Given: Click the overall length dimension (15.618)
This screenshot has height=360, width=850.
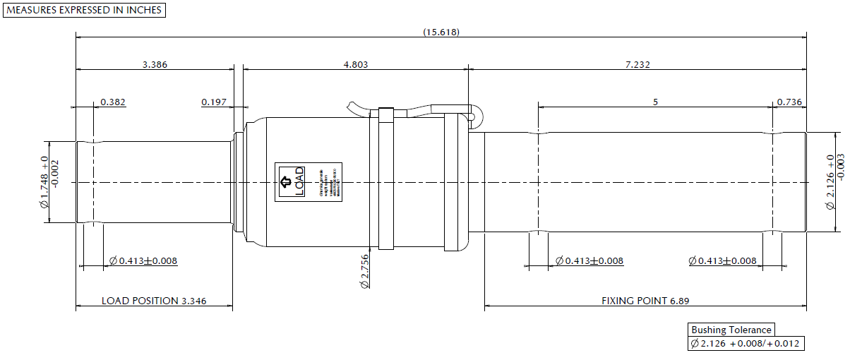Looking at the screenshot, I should click(441, 32).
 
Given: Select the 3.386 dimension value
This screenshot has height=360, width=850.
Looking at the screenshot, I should click(155, 64).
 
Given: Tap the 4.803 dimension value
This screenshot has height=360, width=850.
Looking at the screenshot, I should click(355, 64).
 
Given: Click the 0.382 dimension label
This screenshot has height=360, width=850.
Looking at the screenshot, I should click(113, 102).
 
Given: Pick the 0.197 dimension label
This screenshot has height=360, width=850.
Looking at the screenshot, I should click(214, 102).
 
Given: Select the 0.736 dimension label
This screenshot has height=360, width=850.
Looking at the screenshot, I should click(789, 102).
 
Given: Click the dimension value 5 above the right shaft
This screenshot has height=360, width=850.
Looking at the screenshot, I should click(655, 102).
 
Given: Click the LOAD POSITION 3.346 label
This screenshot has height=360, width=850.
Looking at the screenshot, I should click(154, 301).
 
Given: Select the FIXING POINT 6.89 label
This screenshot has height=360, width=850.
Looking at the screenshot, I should click(645, 301).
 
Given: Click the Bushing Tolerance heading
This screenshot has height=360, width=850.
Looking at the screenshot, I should click(731, 330).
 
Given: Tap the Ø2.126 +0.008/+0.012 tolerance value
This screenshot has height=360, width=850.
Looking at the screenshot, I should click(746, 344).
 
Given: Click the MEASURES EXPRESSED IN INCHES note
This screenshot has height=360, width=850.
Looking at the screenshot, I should click(85, 10).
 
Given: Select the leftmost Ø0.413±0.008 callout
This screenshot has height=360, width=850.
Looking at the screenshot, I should click(143, 261).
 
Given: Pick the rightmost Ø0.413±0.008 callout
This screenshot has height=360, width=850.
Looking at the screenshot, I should click(722, 261).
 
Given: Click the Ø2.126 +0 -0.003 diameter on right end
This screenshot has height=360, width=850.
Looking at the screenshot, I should click(834, 182).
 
